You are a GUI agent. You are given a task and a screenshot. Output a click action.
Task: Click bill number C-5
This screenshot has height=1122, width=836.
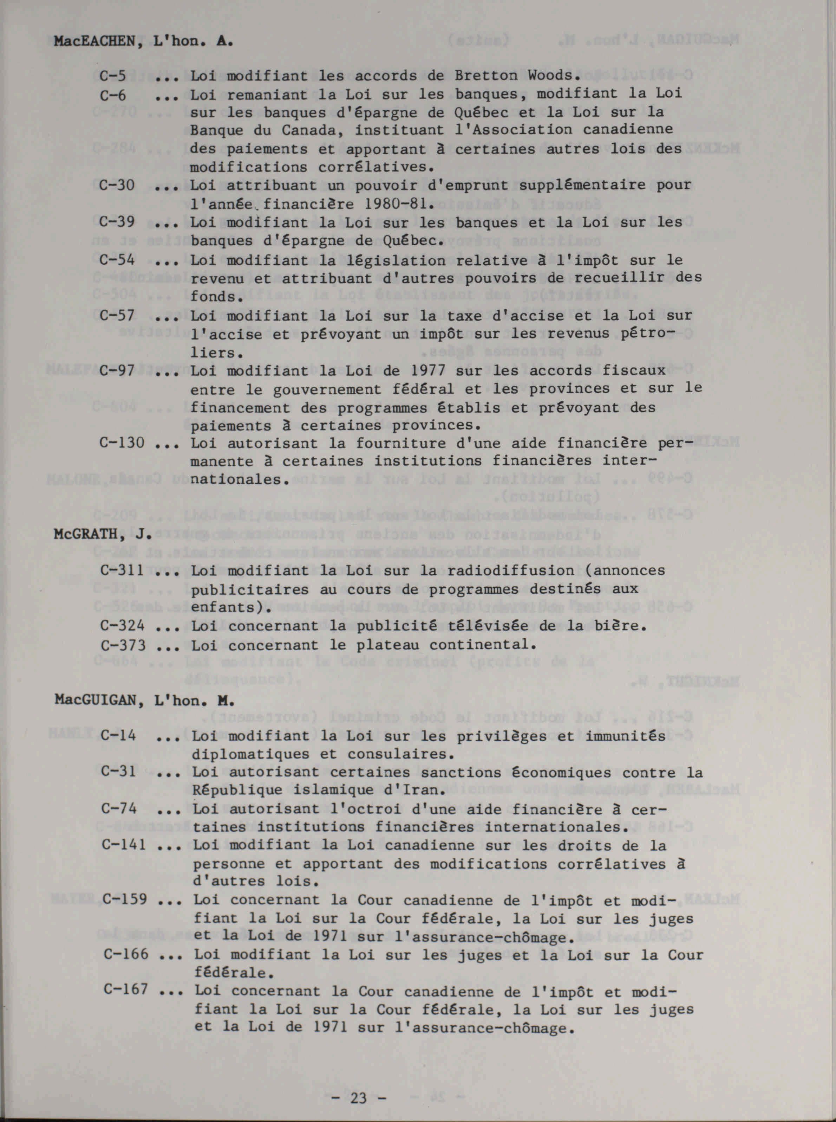point(112,76)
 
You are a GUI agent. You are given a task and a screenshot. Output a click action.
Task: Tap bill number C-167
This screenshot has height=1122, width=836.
point(125,989)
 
